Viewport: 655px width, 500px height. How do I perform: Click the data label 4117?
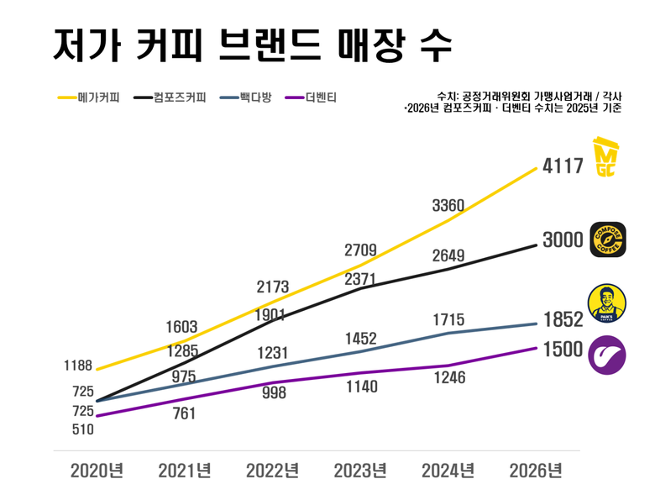pos(563,166)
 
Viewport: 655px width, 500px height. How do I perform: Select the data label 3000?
pos(563,240)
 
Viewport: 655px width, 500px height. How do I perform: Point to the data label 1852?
pos(563,320)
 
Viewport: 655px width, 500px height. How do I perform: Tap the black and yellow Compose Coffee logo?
pos(608,239)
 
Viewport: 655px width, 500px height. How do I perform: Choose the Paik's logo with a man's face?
pos(608,303)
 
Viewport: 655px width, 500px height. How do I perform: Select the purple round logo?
pos(608,355)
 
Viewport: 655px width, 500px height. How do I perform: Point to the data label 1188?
pos(78,366)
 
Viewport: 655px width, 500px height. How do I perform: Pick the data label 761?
pos(184,413)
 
